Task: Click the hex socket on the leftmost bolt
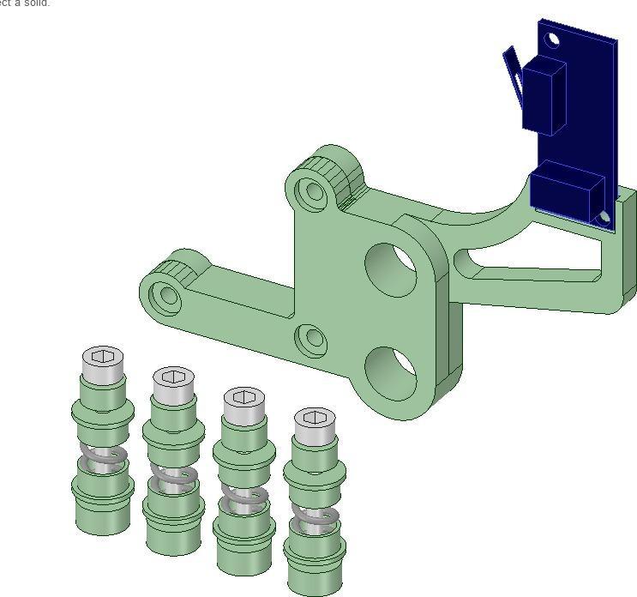pyautogui.click(x=104, y=356)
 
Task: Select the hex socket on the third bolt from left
pyautogui.click(x=244, y=396)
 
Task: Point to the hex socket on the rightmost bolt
pyautogui.click(x=315, y=418)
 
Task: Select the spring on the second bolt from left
pyautogui.click(x=175, y=475)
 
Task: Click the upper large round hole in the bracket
pyautogui.click(x=392, y=270)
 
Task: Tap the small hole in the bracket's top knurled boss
pyautogui.click(x=315, y=190)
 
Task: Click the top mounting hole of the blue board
pyautogui.click(x=552, y=39)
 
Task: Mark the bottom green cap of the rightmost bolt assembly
pyautogui.click(x=315, y=570)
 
